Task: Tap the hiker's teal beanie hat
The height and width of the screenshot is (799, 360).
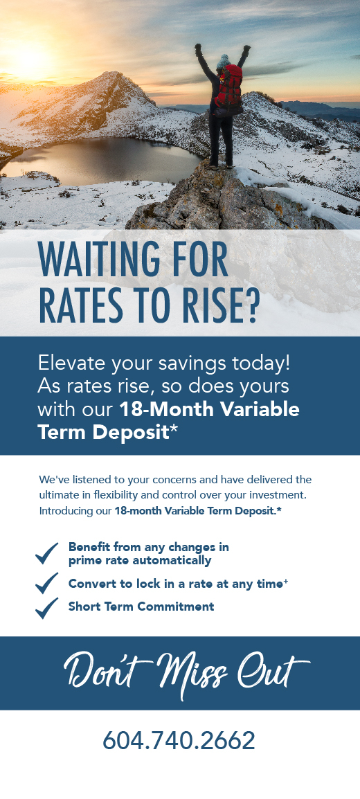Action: [x=223, y=61]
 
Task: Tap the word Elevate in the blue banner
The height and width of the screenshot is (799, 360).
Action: [x=69, y=363]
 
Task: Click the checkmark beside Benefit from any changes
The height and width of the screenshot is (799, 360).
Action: [x=47, y=553]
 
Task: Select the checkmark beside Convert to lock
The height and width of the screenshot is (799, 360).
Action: [x=47, y=582]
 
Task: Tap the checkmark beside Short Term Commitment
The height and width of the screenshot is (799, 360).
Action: [x=47, y=607]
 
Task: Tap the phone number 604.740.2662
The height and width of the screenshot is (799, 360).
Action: [x=179, y=740]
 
